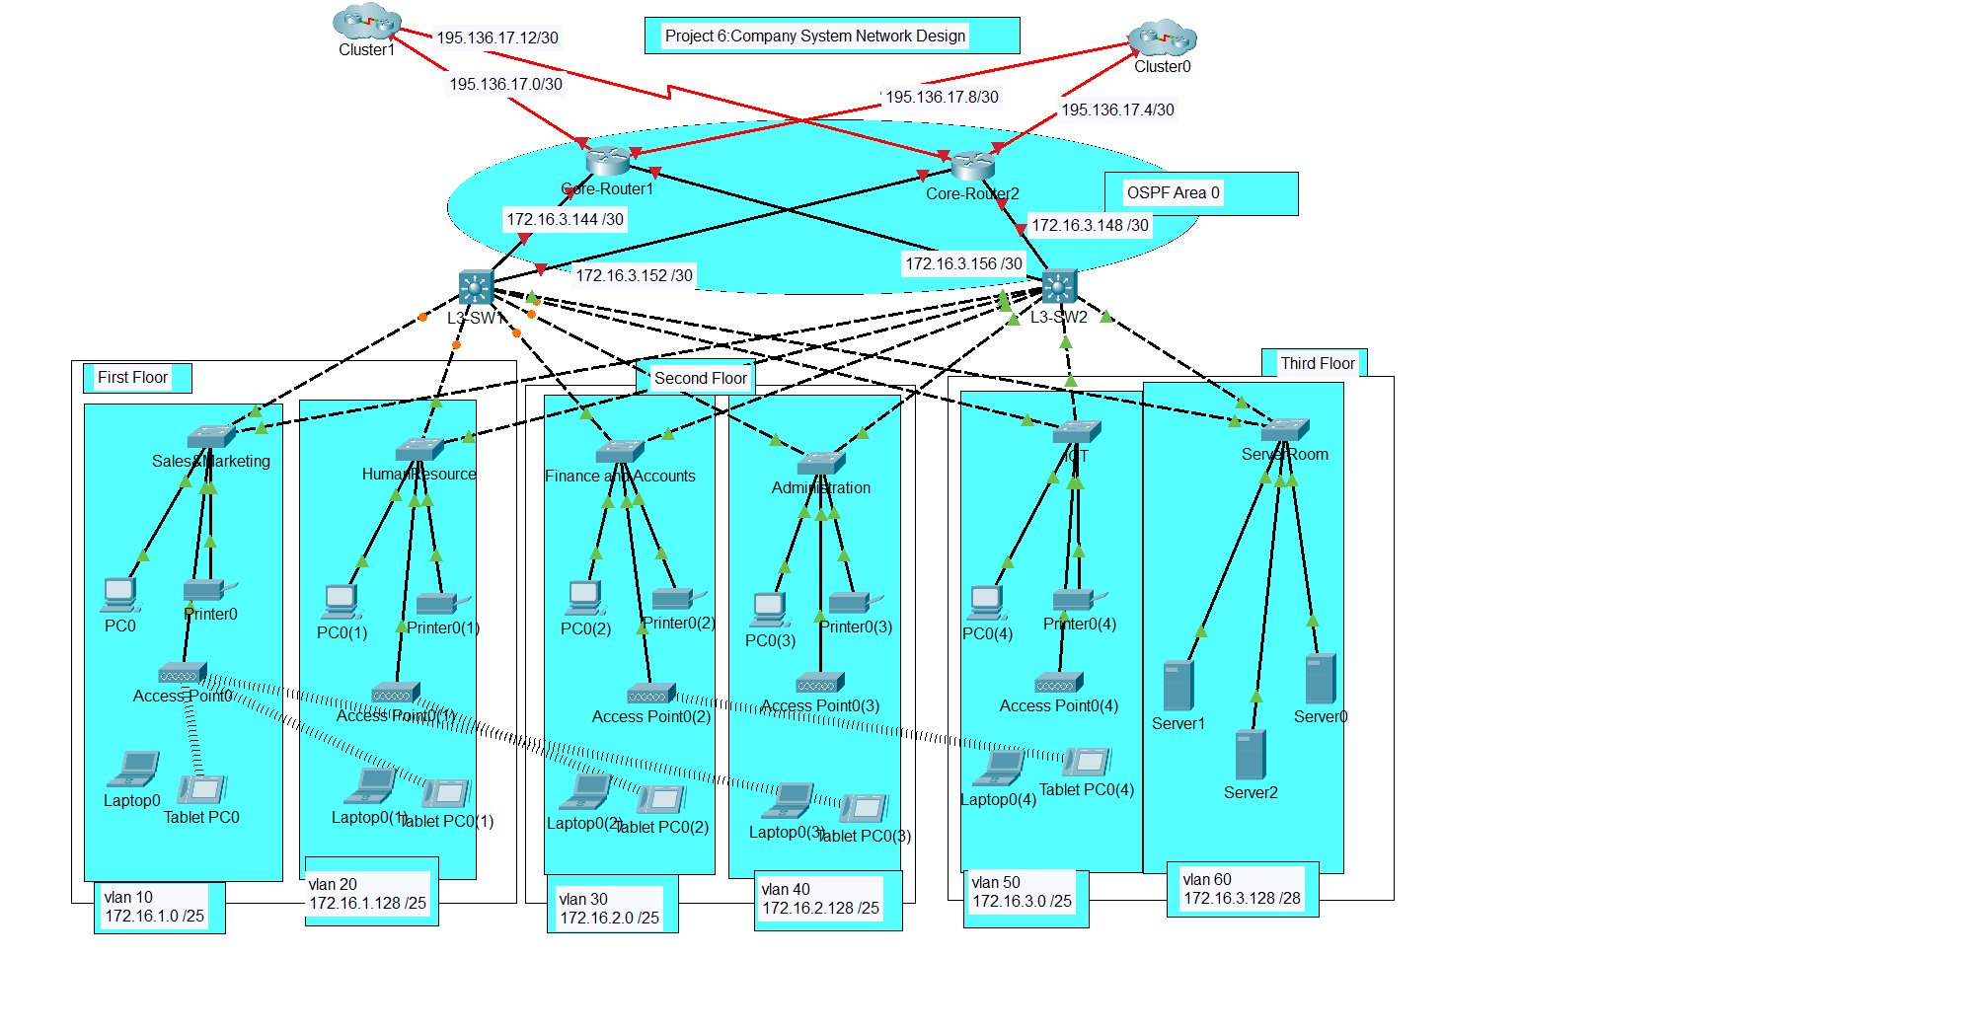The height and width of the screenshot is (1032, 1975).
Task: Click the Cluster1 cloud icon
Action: click(x=367, y=21)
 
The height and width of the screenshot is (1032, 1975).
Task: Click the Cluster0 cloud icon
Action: click(x=1162, y=38)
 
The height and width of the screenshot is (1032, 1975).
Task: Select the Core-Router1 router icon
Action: click(x=607, y=160)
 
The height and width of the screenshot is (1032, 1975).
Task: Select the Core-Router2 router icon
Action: click(x=972, y=165)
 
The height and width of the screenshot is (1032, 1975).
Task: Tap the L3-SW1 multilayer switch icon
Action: click(x=476, y=287)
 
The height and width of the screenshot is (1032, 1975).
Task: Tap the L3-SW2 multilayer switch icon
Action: click(x=1058, y=287)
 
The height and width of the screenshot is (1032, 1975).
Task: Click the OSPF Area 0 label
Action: click(x=1173, y=193)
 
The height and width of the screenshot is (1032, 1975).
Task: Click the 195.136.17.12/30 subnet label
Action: click(x=497, y=37)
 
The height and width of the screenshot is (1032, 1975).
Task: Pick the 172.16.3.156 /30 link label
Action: click(x=963, y=263)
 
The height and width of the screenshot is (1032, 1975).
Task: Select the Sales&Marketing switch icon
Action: click(x=210, y=435)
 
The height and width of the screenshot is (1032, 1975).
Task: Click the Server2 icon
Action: click(x=1250, y=755)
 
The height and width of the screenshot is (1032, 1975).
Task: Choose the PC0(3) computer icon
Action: click(x=770, y=609)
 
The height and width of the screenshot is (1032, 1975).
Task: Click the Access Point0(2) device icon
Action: click(x=651, y=693)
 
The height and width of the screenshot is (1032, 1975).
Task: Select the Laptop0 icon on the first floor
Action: click(x=133, y=769)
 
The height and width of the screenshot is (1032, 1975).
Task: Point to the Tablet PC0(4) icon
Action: click(x=1087, y=762)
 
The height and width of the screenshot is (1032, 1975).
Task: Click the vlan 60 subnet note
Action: click(x=1242, y=889)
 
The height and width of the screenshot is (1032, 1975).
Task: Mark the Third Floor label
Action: click(x=1317, y=363)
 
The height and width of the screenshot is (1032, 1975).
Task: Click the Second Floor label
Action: click(x=700, y=378)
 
